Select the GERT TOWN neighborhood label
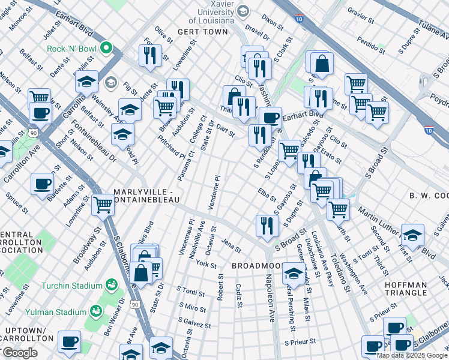(203, 31)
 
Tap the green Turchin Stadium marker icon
(110, 283)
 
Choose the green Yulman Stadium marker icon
(95, 311)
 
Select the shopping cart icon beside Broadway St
(103, 205)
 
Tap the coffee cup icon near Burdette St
(42, 184)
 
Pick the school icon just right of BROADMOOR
(293, 274)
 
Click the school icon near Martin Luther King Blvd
(412, 235)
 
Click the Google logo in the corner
(20, 353)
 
